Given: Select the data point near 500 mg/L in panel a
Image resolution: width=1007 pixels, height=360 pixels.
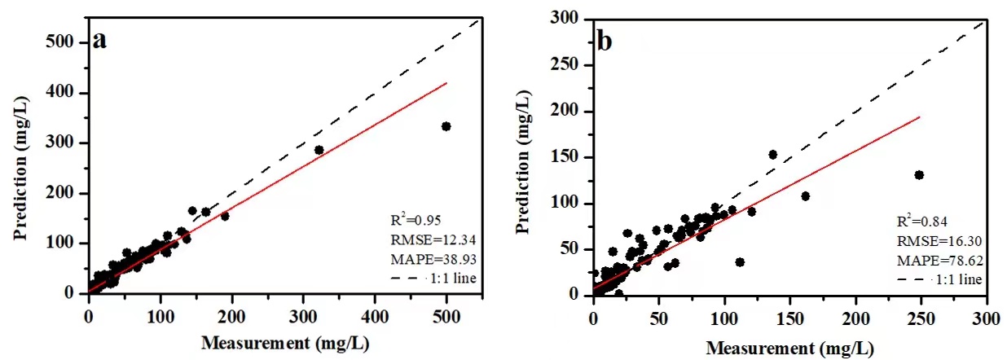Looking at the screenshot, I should click(446, 126).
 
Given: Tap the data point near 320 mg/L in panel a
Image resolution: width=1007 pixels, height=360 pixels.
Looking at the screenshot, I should click(319, 150).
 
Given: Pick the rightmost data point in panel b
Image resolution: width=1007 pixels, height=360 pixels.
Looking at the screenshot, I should click(919, 175).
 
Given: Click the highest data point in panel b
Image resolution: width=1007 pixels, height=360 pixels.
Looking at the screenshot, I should click(772, 155).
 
